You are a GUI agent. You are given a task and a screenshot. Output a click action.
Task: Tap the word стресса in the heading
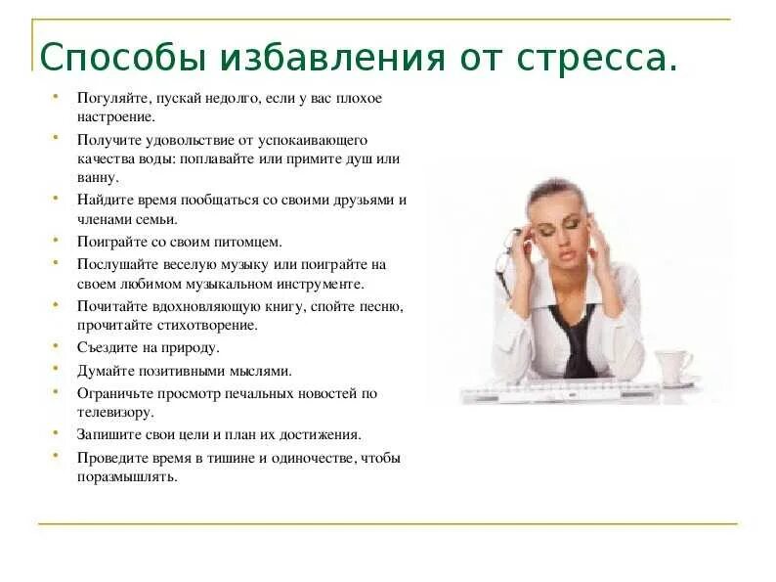coord(603,58)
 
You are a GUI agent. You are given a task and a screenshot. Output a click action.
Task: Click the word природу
coord(189,347)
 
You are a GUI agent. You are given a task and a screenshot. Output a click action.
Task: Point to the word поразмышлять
coord(127,477)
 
